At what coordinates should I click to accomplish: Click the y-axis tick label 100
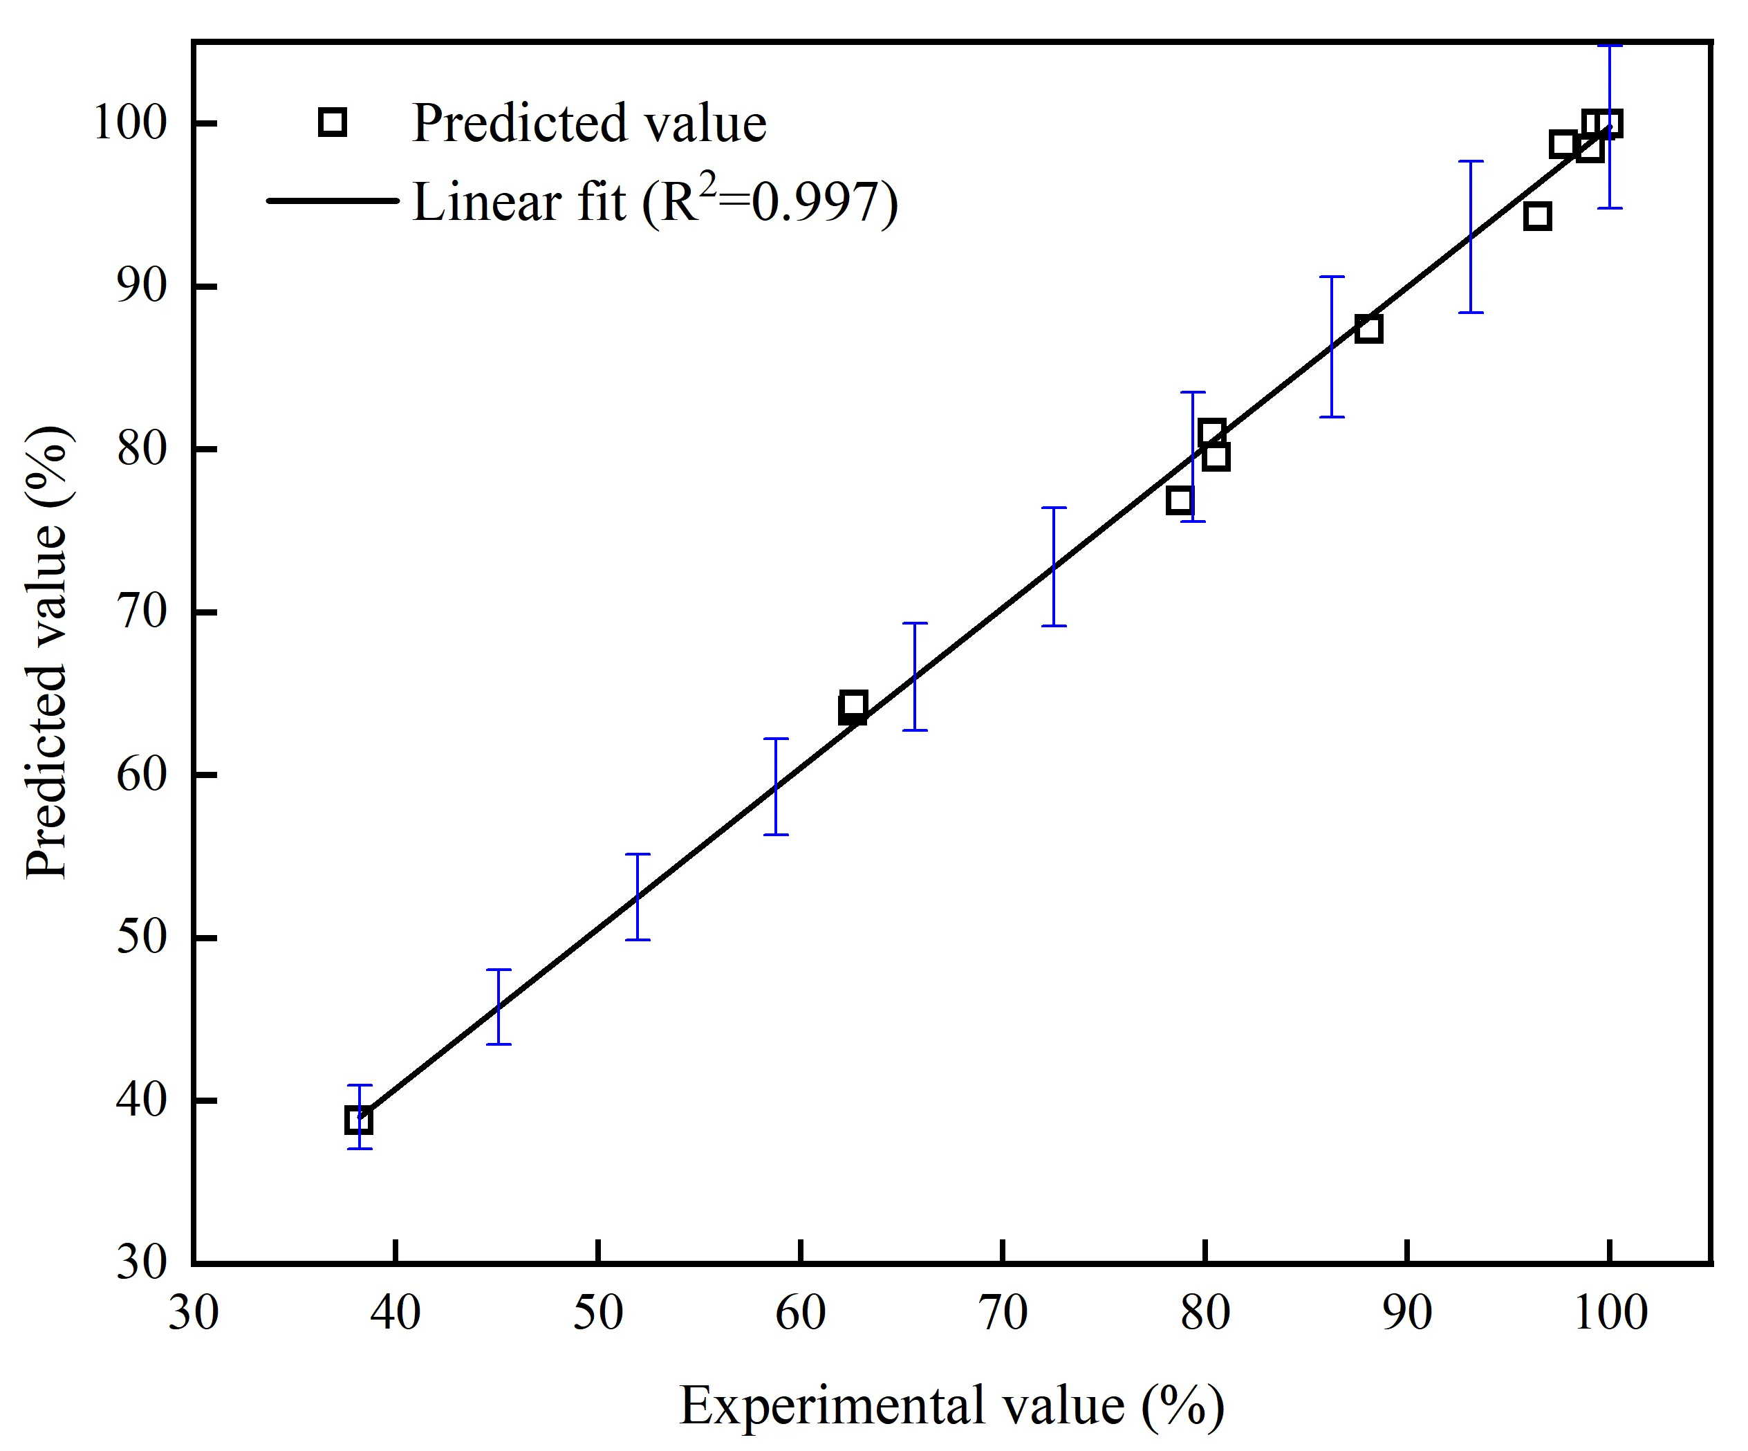(x=130, y=123)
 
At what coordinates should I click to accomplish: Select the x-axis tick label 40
(x=396, y=1313)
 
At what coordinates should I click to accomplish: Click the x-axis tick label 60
(x=800, y=1313)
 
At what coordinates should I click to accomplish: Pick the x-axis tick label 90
(x=1406, y=1313)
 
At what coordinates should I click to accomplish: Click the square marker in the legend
(x=332, y=122)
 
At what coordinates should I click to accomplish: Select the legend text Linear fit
(x=518, y=202)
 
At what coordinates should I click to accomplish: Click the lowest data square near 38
(x=359, y=1120)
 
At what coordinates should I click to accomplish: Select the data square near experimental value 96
(x=1536, y=216)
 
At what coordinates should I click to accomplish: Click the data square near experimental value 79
(x=1180, y=500)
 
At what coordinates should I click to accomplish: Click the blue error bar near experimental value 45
(x=499, y=1006)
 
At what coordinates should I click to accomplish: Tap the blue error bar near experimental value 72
(x=1054, y=566)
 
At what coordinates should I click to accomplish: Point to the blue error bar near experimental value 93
(x=1471, y=237)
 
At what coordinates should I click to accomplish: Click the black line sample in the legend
(x=333, y=201)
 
